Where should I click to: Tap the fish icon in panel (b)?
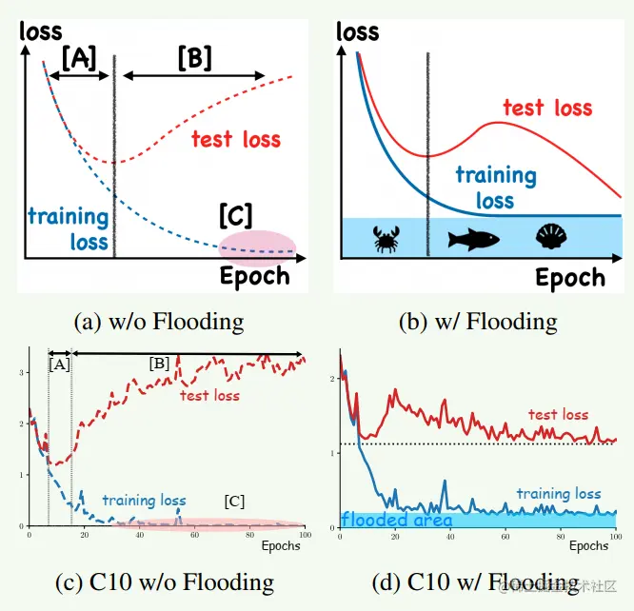point(474,237)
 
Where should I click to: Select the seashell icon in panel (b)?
point(551,235)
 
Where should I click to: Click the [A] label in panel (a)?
point(78,58)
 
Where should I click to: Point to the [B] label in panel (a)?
point(194,58)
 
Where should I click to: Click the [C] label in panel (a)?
point(235,214)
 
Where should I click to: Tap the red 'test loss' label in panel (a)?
point(236,140)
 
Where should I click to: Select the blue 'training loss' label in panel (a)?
point(68,227)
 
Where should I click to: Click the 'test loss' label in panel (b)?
point(547,108)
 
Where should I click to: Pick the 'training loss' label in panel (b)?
point(495,187)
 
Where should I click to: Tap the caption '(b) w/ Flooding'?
point(478,321)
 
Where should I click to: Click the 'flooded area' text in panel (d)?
point(396,521)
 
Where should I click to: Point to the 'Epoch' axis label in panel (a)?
point(254,276)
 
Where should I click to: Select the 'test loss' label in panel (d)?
point(559,415)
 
